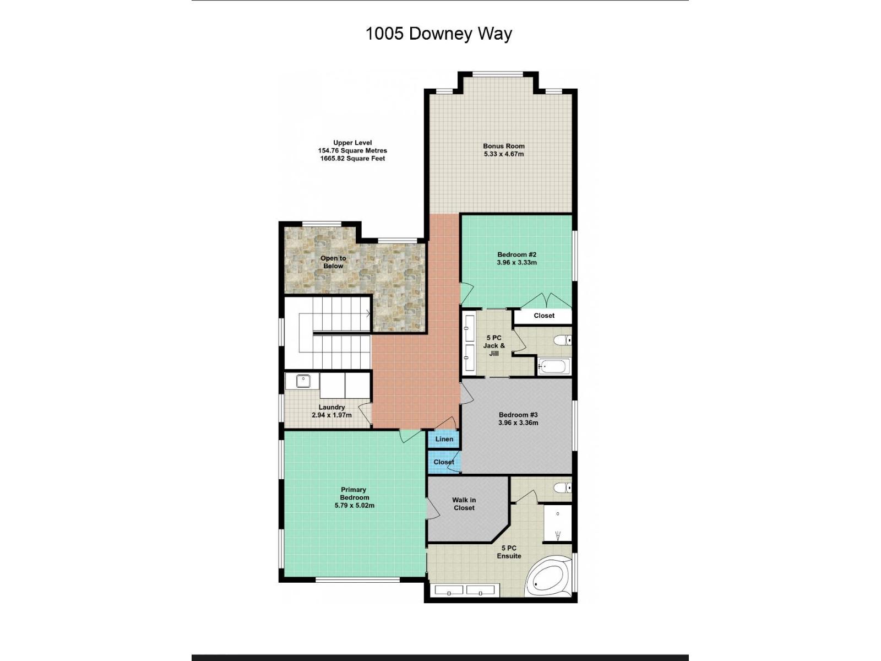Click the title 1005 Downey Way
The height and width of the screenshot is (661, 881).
(x=439, y=34)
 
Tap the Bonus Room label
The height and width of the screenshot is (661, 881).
(x=504, y=146)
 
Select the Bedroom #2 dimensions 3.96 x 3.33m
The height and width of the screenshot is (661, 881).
(x=516, y=263)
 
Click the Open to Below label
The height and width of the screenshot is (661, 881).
(x=333, y=262)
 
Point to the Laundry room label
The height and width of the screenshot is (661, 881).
(x=331, y=407)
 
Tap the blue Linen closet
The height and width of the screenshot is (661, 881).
(x=444, y=439)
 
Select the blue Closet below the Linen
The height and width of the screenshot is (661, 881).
(x=443, y=462)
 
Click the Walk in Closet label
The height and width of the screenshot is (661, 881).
(x=464, y=504)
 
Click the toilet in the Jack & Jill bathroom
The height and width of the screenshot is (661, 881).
(x=562, y=340)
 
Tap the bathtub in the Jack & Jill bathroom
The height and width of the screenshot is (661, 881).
(x=553, y=366)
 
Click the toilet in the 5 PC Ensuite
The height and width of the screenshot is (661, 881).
(x=562, y=488)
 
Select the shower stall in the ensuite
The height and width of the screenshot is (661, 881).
(x=557, y=523)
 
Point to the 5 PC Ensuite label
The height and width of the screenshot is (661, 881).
(x=509, y=552)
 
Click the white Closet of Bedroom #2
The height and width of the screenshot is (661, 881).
(x=543, y=316)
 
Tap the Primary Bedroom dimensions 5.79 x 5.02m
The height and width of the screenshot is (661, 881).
(x=354, y=505)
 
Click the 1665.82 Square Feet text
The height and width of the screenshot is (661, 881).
(x=352, y=159)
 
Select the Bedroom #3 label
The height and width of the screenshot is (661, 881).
(x=518, y=415)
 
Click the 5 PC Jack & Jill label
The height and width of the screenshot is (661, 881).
(x=494, y=345)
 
